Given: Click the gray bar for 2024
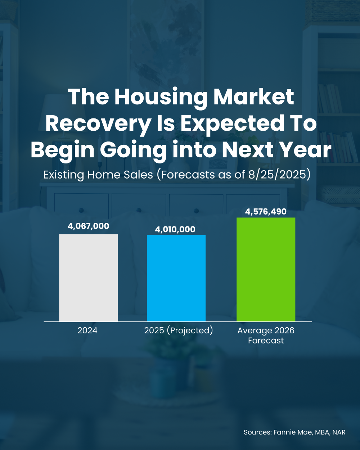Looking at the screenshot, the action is click(x=88, y=278).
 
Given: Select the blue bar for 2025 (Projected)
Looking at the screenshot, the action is click(x=176, y=278).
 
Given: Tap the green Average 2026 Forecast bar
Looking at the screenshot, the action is click(x=266, y=270).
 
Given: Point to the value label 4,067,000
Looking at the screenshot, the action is click(x=88, y=226).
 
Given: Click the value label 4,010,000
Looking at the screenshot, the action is click(x=175, y=229).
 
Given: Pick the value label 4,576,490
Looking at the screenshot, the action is click(x=266, y=212).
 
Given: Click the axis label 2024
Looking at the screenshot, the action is click(x=87, y=330).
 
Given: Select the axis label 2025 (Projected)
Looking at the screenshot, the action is click(x=179, y=330).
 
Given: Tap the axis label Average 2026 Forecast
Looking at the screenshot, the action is click(x=266, y=336).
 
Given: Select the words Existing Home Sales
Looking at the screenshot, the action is click(x=98, y=175).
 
